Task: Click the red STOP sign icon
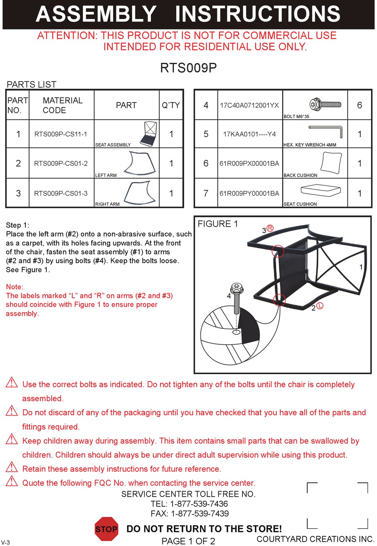click(x=106, y=529)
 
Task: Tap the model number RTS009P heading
click(x=188, y=68)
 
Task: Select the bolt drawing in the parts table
click(x=325, y=105)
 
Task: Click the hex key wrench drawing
click(x=325, y=132)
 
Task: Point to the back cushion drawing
click(x=331, y=163)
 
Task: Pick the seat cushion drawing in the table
click(x=321, y=190)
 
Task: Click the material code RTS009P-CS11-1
click(x=61, y=134)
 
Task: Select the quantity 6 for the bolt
click(x=359, y=105)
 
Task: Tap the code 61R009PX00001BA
click(x=249, y=163)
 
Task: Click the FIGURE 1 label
click(x=217, y=224)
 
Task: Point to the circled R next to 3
click(x=270, y=228)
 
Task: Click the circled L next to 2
click(x=320, y=306)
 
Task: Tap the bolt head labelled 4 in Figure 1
click(x=237, y=288)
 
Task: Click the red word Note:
click(x=15, y=287)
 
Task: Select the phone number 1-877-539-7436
click(x=199, y=504)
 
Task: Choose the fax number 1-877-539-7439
click(x=200, y=513)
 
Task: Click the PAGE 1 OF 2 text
click(x=188, y=541)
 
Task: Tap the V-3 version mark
click(x=6, y=542)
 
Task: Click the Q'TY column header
click(x=171, y=105)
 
